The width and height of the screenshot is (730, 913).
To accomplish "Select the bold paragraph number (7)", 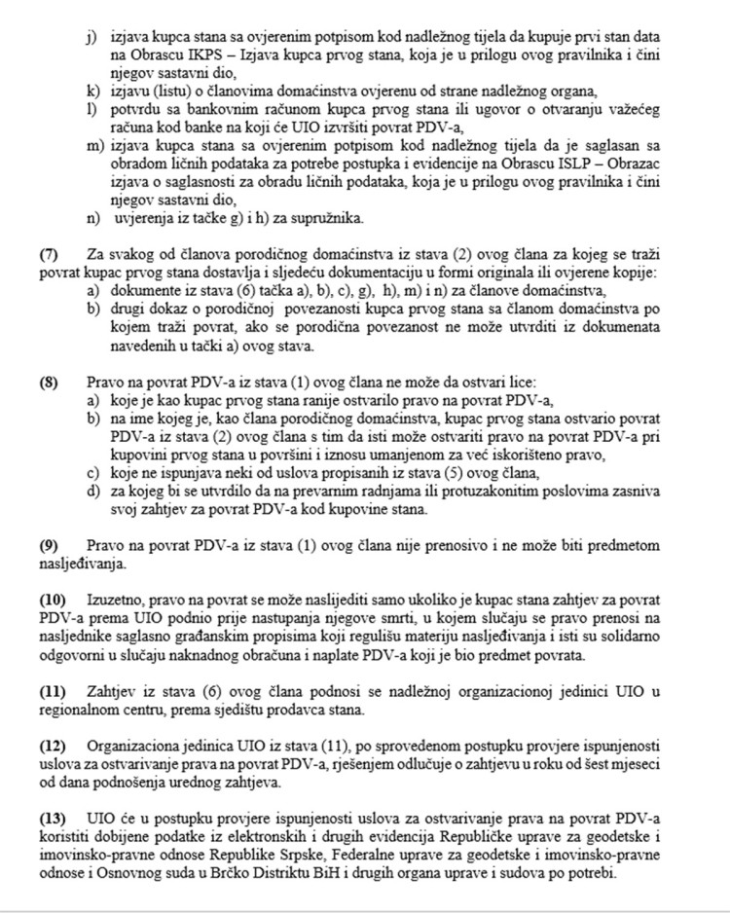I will [x=50, y=255].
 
